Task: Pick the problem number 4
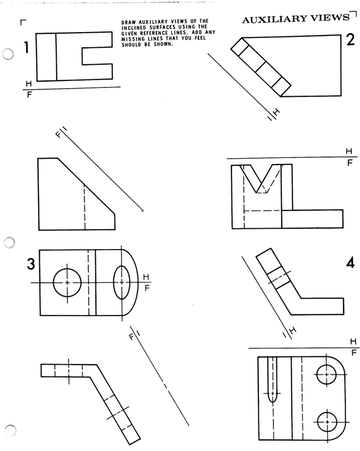[350, 263]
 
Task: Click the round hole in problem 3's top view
[67, 282]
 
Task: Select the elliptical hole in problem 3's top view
[122, 282]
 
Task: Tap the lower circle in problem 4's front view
[326, 421]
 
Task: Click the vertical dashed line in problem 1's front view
[84, 207]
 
